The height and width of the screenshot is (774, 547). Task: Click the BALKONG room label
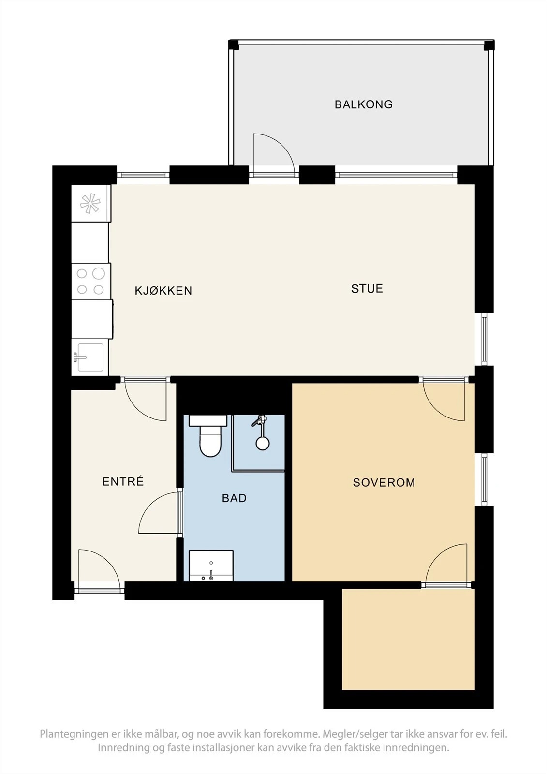pyautogui.click(x=364, y=104)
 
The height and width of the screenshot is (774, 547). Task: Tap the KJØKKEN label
pyautogui.click(x=163, y=291)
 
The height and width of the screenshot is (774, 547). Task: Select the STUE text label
pyautogui.click(x=367, y=288)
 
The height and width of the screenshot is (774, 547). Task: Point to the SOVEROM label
pyautogui.click(x=384, y=482)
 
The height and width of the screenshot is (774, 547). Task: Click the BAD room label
pyautogui.click(x=234, y=498)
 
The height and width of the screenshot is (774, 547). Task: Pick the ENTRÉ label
pyautogui.click(x=123, y=481)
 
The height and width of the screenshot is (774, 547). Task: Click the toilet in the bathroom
pyautogui.click(x=209, y=436)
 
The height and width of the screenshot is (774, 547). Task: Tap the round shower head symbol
pyautogui.click(x=263, y=443)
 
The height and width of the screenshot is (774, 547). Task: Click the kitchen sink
pyautogui.click(x=90, y=357)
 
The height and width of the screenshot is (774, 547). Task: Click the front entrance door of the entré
pyautogui.click(x=100, y=570)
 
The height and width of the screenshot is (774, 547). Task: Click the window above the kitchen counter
pyautogui.click(x=143, y=175)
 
